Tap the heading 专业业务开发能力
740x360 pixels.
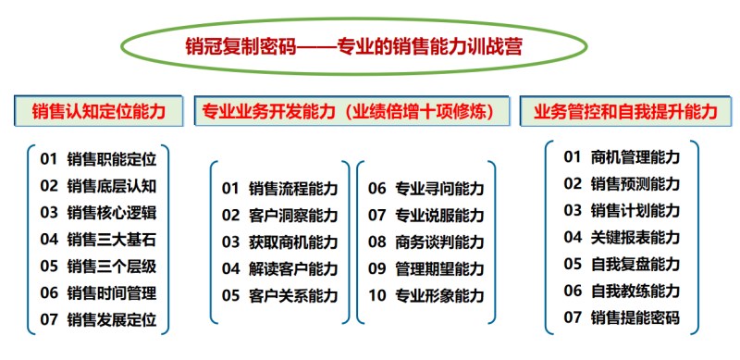265,112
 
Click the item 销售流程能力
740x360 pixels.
293,189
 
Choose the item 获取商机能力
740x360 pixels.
293,242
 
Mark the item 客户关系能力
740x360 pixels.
293,296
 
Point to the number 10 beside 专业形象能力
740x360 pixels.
376,296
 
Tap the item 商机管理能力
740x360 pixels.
635,156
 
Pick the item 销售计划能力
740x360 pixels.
635,210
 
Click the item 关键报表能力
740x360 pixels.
635,237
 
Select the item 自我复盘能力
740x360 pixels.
635,264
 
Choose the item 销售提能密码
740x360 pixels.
635,317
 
